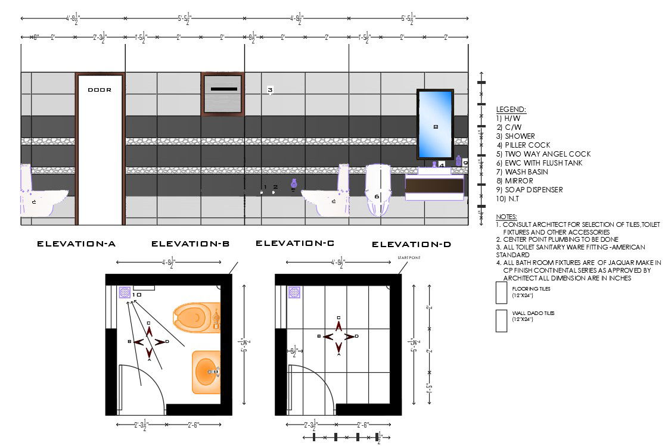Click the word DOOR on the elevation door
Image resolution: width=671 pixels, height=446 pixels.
coord(100,90)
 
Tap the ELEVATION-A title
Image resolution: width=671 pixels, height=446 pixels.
coord(76,244)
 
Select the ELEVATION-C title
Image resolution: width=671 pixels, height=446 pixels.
coord(294,243)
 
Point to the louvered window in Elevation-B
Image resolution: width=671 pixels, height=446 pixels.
coord(223,92)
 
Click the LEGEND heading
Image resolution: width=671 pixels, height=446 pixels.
coord(511,110)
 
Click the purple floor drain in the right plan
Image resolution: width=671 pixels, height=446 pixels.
coord(294,292)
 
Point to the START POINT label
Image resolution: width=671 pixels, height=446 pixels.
coord(409,257)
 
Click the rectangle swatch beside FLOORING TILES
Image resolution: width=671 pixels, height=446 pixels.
coord(501,292)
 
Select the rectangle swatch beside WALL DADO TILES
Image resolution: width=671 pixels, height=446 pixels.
coord(501,320)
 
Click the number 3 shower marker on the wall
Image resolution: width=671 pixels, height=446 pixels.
coord(270,91)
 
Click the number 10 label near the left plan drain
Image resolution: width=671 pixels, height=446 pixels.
coord(137,294)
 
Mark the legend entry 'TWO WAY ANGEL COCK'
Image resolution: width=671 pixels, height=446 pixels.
coord(539,154)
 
